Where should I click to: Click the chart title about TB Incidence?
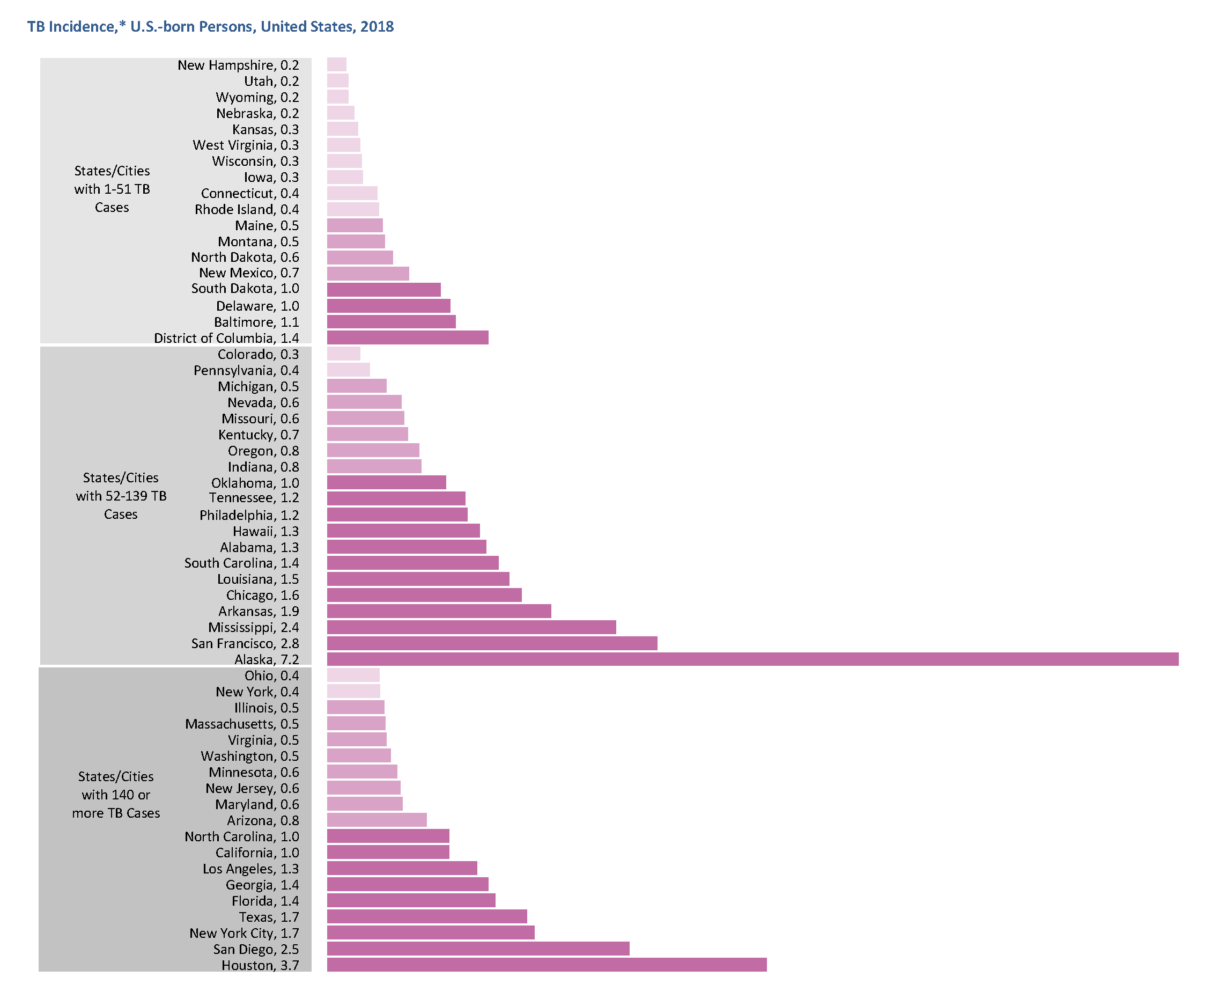211,26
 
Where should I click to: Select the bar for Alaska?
752,659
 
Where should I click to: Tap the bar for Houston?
547,965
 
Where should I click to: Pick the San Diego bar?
477,949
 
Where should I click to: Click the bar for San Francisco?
492,643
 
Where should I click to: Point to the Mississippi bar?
471,627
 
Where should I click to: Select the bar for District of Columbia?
408,337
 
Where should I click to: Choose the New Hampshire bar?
337,64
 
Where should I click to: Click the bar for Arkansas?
439,611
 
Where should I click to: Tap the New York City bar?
430,932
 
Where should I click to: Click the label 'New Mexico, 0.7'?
248,273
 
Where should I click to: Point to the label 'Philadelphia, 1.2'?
248,515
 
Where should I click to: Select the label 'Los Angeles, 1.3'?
250,869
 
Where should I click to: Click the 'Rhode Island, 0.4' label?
246,209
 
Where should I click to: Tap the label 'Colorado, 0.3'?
258,354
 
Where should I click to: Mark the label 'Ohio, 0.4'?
271,675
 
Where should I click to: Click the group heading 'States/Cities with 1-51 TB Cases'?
112,189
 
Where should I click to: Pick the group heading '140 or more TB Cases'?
116,794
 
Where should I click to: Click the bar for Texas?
427,916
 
